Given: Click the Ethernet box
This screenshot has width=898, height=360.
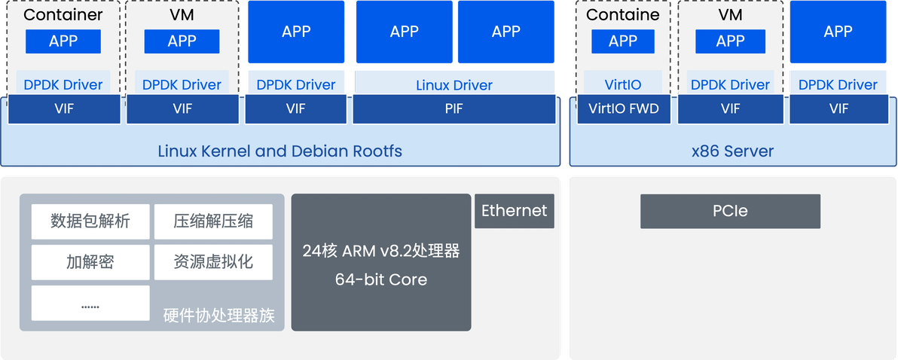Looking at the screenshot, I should [514, 211].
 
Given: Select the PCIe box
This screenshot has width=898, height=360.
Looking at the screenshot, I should [730, 211].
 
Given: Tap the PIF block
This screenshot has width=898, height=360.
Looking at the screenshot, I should [454, 109].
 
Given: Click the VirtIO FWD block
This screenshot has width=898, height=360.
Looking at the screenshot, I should [623, 109].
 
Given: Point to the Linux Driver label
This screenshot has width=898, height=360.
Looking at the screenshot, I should [454, 85].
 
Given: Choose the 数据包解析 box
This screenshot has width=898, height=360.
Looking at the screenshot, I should [90, 221].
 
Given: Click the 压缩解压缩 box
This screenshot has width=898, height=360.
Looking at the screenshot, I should [213, 221].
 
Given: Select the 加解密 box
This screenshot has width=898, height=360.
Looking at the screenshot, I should [90, 262].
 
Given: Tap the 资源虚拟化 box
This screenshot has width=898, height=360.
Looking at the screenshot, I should [213, 262].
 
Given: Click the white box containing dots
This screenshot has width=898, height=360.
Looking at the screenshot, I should [90, 304].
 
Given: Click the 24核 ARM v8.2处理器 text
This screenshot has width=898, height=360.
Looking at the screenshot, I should [381, 251].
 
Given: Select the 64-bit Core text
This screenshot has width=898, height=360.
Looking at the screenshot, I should [381, 279].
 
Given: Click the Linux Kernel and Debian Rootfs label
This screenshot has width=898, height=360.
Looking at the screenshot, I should [279, 151].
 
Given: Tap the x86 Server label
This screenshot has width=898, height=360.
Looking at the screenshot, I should [732, 151].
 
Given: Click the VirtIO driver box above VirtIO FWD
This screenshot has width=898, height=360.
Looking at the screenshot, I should [623, 85].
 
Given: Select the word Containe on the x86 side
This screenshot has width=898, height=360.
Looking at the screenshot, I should [623, 15].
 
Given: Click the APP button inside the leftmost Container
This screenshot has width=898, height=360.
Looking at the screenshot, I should [63, 41].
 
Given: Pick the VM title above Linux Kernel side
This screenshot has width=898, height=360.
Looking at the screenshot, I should [182, 15].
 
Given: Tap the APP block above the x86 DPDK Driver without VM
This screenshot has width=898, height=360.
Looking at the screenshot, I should [838, 32].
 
